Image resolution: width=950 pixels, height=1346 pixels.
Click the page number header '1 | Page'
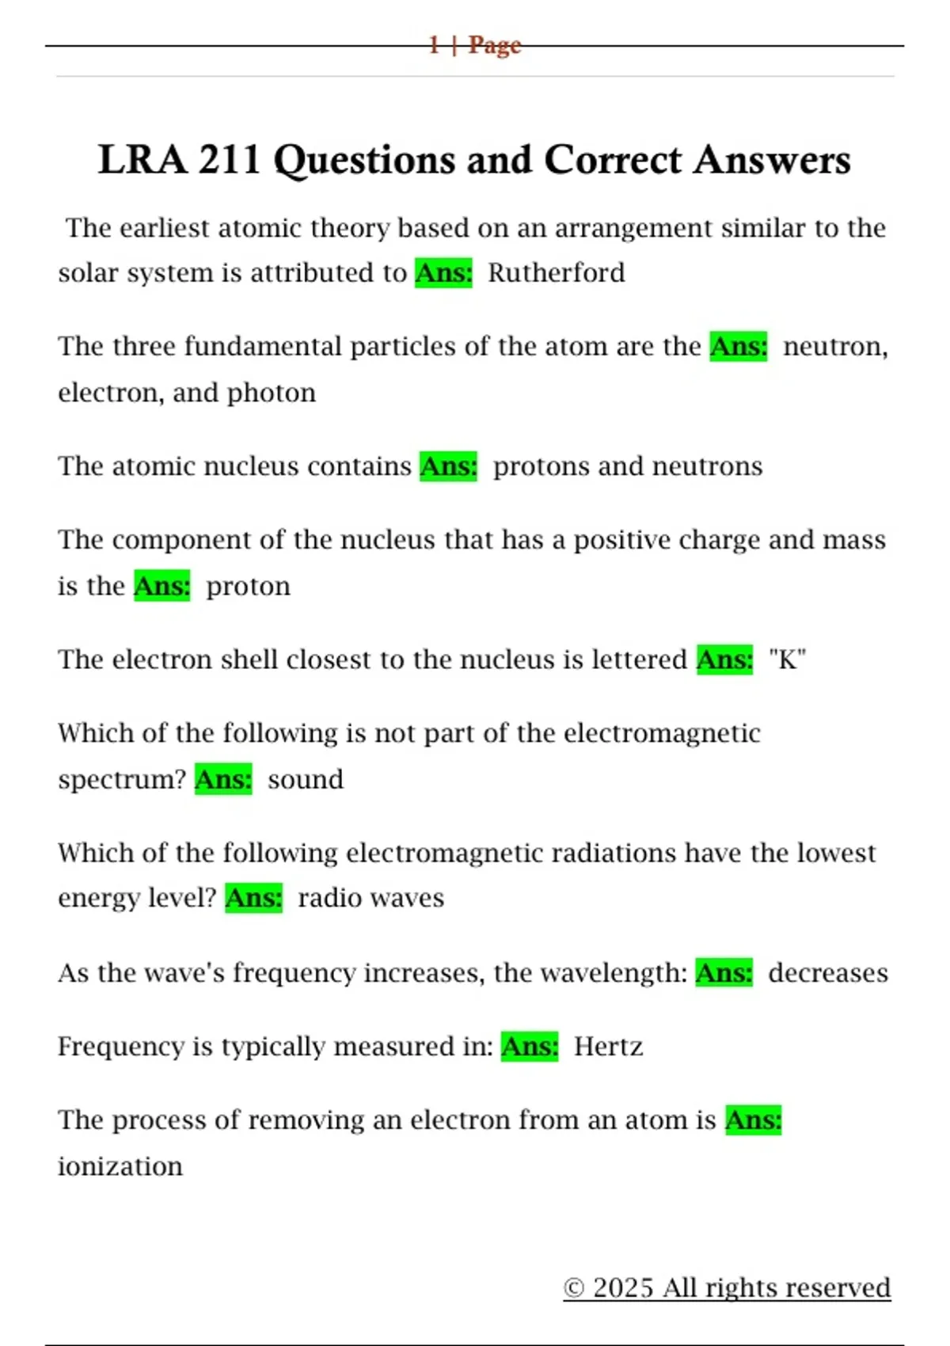[x=475, y=45]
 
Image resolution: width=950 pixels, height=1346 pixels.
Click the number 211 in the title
[x=229, y=160]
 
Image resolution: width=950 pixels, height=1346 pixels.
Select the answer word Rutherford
[x=556, y=273]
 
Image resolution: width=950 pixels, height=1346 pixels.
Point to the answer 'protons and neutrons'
[x=627, y=466]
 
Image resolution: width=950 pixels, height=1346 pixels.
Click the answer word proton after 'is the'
[x=248, y=587]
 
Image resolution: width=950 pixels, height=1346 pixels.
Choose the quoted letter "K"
[x=787, y=660]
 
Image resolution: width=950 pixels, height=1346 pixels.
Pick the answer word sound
[x=306, y=780]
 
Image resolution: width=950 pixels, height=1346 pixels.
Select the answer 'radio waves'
[x=370, y=899]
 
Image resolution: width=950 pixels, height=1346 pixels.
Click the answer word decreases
[x=827, y=973]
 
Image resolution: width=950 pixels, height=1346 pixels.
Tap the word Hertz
[x=608, y=1047]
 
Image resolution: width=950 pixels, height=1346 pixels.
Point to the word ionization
[x=120, y=1166]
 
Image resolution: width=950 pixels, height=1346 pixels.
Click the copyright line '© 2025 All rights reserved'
[x=727, y=1287]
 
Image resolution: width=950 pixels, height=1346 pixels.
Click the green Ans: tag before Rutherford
[x=443, y=273]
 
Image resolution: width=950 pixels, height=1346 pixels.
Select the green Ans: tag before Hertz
[x=529, y=1047]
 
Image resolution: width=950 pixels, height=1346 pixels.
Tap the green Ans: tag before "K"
[x=724, y=660]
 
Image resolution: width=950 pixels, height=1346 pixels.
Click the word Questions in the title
[x=363, y=160]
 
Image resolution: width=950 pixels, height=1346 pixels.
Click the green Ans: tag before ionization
[x=753, y=1120]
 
